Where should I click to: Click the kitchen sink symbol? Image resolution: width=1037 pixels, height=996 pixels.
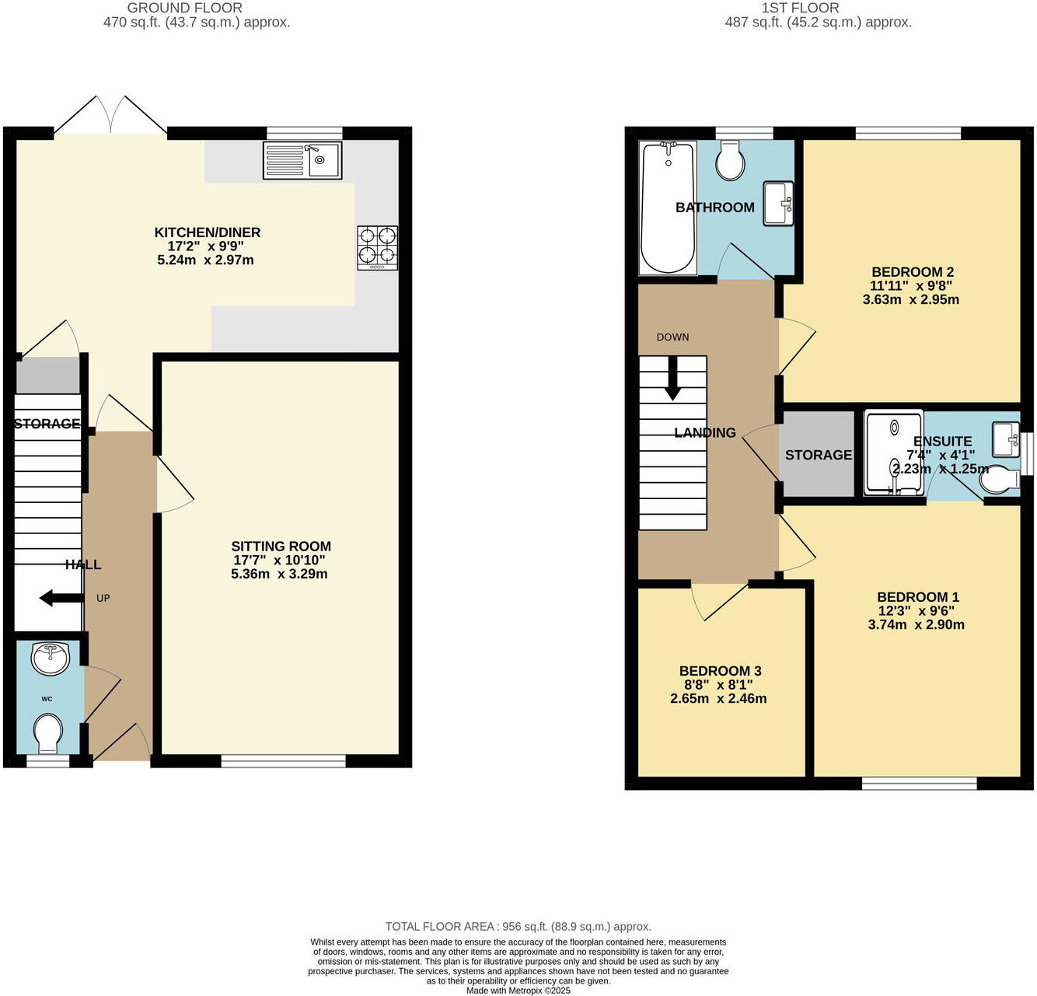point(302,161)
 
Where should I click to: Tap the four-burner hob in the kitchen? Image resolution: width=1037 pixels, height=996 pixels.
point(377,248)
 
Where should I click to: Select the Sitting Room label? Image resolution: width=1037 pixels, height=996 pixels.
point(281,547)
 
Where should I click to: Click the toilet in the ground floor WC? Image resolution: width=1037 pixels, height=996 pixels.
point(48,734)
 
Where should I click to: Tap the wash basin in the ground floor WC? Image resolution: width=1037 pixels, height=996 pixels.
point(51,659)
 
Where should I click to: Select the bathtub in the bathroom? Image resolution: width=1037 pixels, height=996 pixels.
point(667,208)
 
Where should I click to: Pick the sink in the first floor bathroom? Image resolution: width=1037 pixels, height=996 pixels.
point(778,203)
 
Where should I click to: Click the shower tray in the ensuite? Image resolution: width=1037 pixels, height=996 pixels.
point(894,453)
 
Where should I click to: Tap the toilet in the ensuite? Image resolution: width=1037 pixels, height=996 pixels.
point(1000,481)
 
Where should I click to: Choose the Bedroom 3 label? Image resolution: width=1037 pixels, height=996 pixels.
point(720,671)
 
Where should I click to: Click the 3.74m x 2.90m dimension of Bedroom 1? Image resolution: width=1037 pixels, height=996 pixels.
point(916,624)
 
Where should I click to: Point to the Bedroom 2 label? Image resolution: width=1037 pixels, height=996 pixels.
point(912,272)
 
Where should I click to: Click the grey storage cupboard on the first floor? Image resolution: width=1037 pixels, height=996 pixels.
point(818,455)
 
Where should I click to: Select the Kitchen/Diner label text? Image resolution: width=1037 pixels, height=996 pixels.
point(207,232)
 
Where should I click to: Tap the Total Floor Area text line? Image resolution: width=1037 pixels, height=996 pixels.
point(518,926)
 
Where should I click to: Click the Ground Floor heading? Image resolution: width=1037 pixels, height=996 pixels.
point(184,8)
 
